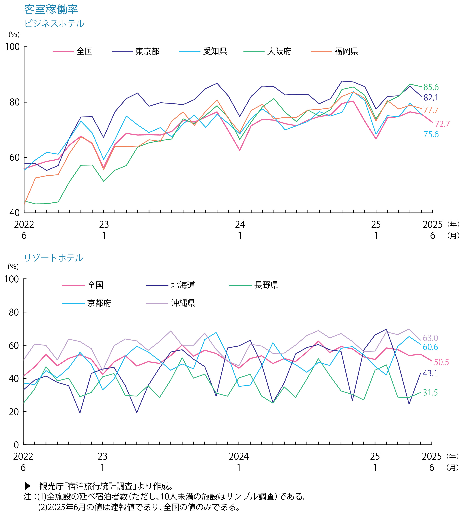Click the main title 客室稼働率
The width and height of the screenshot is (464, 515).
coord(51,10)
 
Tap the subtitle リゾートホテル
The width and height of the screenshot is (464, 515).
coord(54,258)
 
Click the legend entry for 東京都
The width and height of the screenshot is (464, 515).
coord(147,51)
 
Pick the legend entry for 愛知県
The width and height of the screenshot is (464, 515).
coord(215,51)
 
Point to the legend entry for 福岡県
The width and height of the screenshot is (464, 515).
coord(346,51)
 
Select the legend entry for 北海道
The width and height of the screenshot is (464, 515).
coord(183,285)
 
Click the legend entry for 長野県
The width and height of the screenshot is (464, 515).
coord(266,285)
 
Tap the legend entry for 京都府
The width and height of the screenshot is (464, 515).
coord(99,303)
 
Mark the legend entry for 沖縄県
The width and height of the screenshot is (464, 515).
coord(183,303)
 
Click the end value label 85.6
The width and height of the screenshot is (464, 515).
coord(431,87)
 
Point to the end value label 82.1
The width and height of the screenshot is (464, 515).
coord(431,98)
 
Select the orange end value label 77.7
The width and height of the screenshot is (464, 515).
coord(431,110)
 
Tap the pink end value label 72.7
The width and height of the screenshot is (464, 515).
coord(442,124)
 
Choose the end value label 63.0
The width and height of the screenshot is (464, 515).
coord(430,338)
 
